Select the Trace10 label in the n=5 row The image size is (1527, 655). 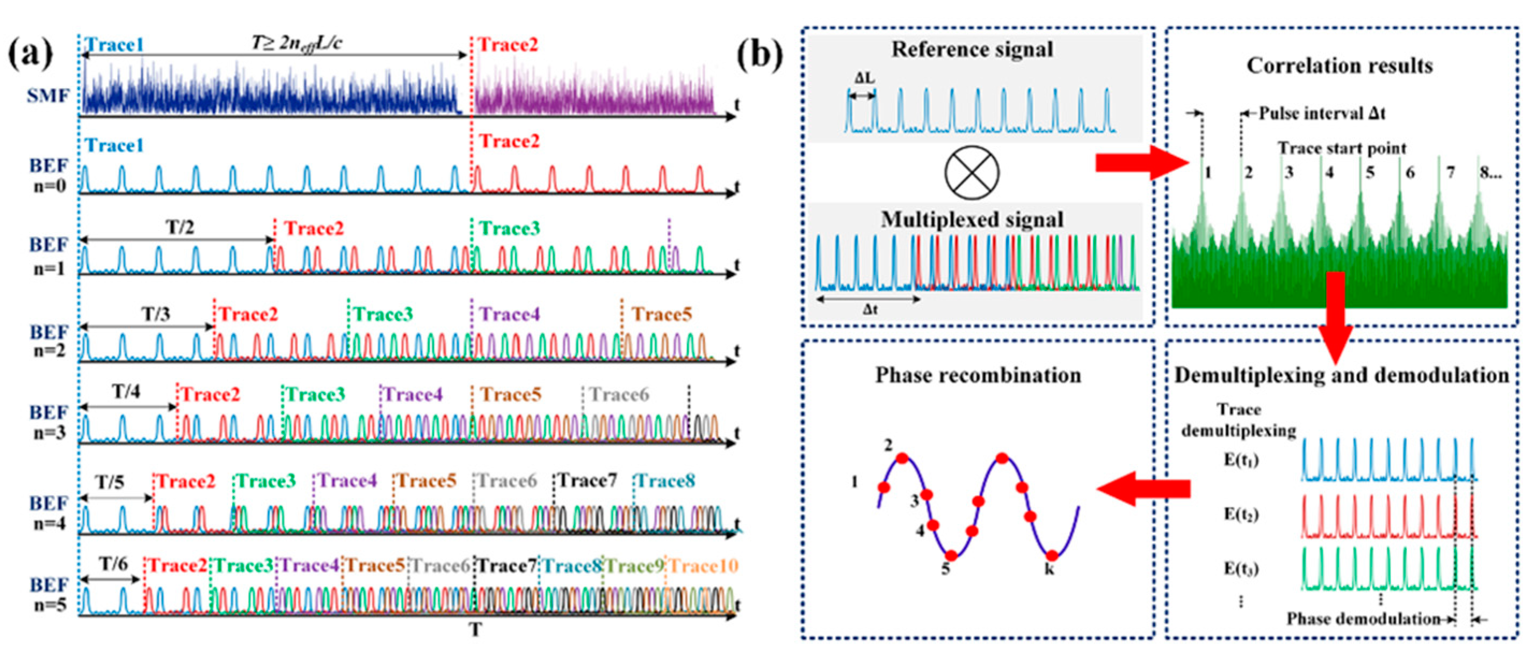tap(704, 566)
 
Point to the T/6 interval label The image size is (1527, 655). tap(113, 564)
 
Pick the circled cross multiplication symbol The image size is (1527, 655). tap(972, 172)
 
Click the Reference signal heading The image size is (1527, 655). tap(972, 50)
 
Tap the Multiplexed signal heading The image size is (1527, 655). tap(972, 220)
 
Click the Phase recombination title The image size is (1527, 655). tap(978, 375)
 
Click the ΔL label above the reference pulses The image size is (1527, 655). tap(864, 78)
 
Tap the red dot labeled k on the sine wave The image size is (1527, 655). tap(1052, 556)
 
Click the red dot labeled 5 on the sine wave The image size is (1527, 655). tap(951, 556)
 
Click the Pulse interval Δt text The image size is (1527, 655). tap(1322, 113)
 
